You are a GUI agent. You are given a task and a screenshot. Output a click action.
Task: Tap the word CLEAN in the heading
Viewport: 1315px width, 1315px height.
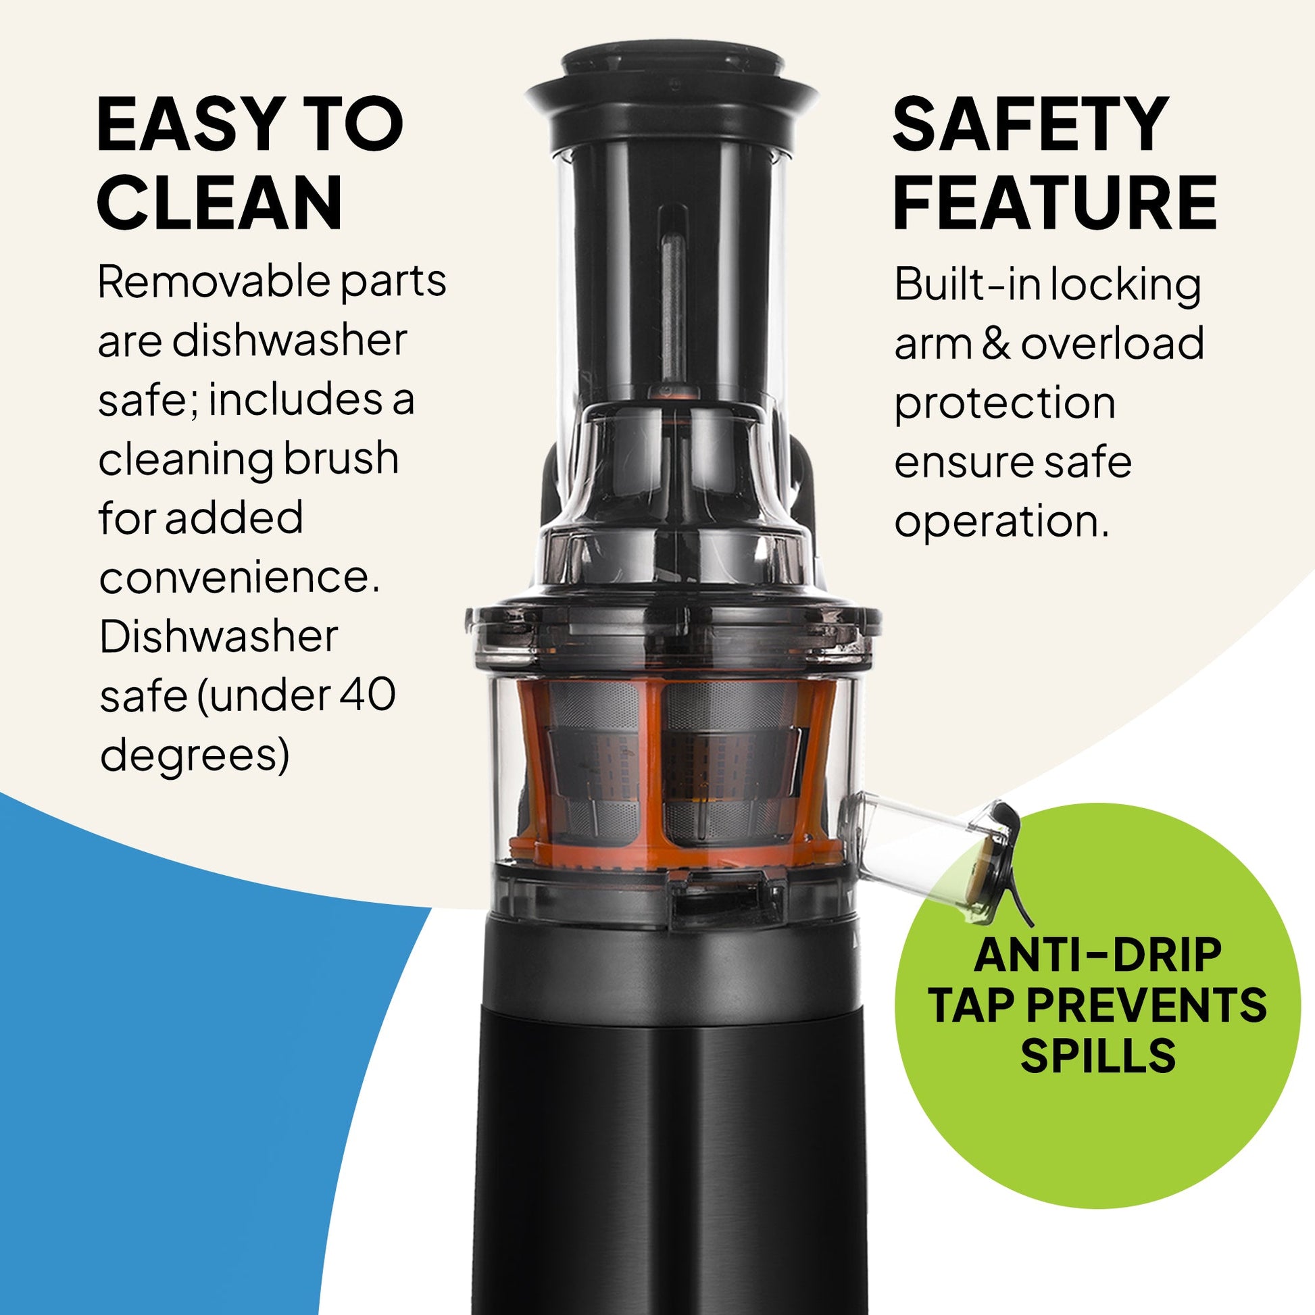[x=219, y=203]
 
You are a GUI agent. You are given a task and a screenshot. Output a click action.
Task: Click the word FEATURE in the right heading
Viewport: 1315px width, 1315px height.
[x=1054, y=203]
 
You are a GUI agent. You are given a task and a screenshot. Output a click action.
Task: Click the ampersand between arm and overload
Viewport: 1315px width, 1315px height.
[x=997, y=344]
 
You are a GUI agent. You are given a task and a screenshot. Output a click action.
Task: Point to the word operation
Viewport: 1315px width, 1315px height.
[x=1001, y=523]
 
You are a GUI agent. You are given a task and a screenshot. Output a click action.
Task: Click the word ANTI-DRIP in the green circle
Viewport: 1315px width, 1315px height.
[x=1097, y=956]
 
